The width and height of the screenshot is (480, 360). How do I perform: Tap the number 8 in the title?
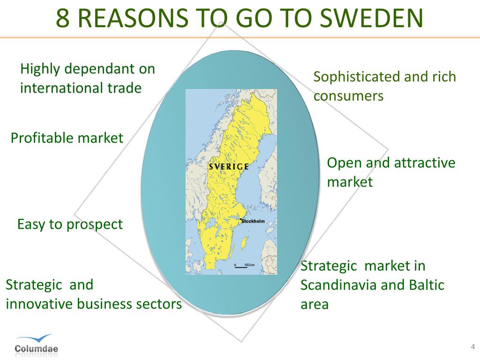[x=61, y=17]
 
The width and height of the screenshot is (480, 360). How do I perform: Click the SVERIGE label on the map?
[x=229, y=166]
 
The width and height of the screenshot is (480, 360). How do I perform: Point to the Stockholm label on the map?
[x=255, y=221]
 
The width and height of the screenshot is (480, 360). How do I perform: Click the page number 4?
[x=472, y=347]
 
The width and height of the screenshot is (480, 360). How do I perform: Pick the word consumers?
[x=348, y=96]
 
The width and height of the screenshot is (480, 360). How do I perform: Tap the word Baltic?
[x=427, y=285]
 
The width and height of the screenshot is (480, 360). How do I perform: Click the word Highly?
[x=40, y=69]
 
